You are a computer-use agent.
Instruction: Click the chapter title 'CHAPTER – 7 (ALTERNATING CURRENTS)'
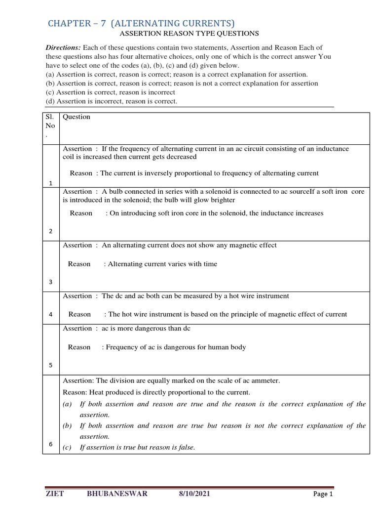pyautogui.click(x=141, y=23)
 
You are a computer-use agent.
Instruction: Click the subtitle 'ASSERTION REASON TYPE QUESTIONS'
pyautogui.click(x=189, y=34)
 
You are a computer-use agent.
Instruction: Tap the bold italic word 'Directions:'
pyautogui.click(x=63, y=48)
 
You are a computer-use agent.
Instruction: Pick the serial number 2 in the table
pyautogui.click(x=51, y=231)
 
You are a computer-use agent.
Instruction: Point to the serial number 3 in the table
pyautogui.click(x=51, y=282)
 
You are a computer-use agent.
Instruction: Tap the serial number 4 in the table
pyautogui.click(x=51, y=314)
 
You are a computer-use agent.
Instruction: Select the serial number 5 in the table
pyautogui.click(x=51, y=365)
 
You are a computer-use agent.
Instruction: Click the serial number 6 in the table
pyautogui.click(x=51, y=444)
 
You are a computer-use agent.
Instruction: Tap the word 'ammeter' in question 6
pyautogui.click(x=266, y=380)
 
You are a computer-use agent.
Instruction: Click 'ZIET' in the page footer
pyautogui.click(x=55, y=494)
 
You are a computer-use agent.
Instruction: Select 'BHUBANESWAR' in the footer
pyautogui.click(x=117, y=494)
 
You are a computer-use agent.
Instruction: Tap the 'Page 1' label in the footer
pyautogui.click(x=324, y=494)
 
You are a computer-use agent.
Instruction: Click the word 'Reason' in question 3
pyautogui.click(x=79, y=264)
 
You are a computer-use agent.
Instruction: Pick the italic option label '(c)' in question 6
pyautogui.click(x=68, y=447)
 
